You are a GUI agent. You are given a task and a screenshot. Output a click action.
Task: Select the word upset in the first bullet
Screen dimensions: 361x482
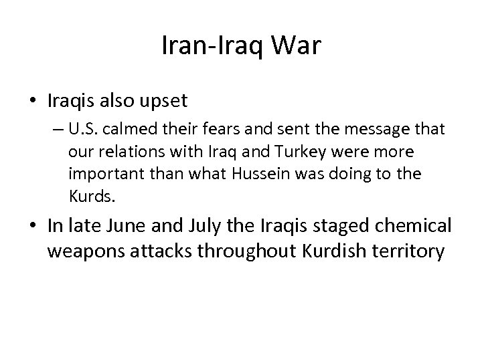coord(165,101)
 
